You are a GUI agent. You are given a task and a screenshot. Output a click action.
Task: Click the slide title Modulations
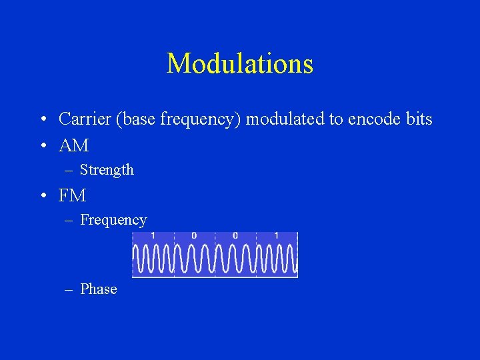pyautogui.click(x=239, y=64)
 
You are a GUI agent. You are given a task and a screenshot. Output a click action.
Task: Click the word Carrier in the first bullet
pyautogui.click(x=83, y=119)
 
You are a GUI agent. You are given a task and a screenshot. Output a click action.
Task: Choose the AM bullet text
pyautogui.click(x=73, y=145)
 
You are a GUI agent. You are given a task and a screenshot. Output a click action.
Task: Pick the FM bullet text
pyautogui.click(x=72, y=195)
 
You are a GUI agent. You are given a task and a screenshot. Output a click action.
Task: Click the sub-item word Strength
pyautogui.click(x=107, y=170)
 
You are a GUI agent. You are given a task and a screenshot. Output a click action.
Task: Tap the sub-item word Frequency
pyautogui.click(x=113, y=220)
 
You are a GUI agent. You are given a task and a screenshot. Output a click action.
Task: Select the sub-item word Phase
pyautogui.click(x=98, y=289)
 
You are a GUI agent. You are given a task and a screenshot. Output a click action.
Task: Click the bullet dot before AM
pyautogui.click(x=42, y=145)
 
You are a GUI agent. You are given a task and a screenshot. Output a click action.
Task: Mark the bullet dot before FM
pyautogui.click(x=42, y=196)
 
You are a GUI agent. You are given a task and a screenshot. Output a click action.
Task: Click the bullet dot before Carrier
pyautogui.click(x=42, y=120)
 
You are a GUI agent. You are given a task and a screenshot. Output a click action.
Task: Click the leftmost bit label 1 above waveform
pyautogui.click(x=153, y=236)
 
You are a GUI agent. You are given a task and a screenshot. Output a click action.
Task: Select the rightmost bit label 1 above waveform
pyautogui.click(x=276, y=236)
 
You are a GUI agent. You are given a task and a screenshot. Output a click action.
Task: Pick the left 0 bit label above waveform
pyautogui.click(x=194, y=236)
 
